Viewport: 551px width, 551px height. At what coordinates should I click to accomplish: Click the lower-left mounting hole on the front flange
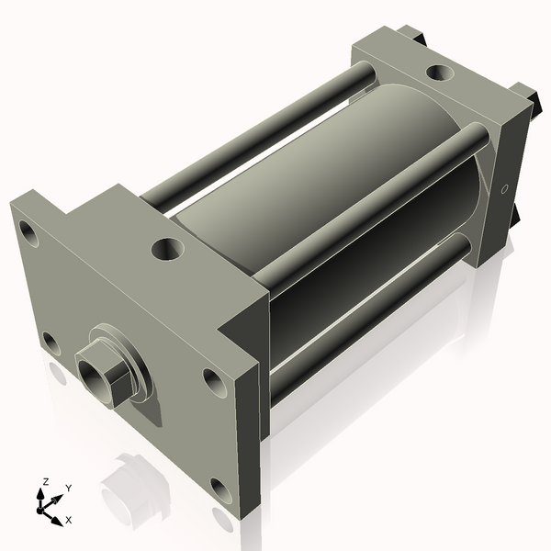point(51,344)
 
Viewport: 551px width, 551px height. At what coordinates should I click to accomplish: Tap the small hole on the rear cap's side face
point(502,189)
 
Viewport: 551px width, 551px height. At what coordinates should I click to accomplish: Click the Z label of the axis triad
point(45,481)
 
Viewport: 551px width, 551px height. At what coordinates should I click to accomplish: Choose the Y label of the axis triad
point(68,488)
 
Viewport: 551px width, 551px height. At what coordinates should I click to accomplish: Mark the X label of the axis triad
point(69,520)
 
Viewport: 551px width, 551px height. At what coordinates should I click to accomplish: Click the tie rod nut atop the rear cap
point(415,36)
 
